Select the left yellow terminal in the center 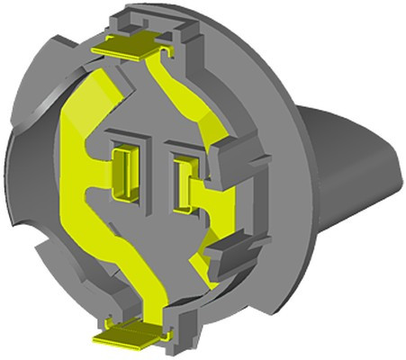(122, 171)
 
